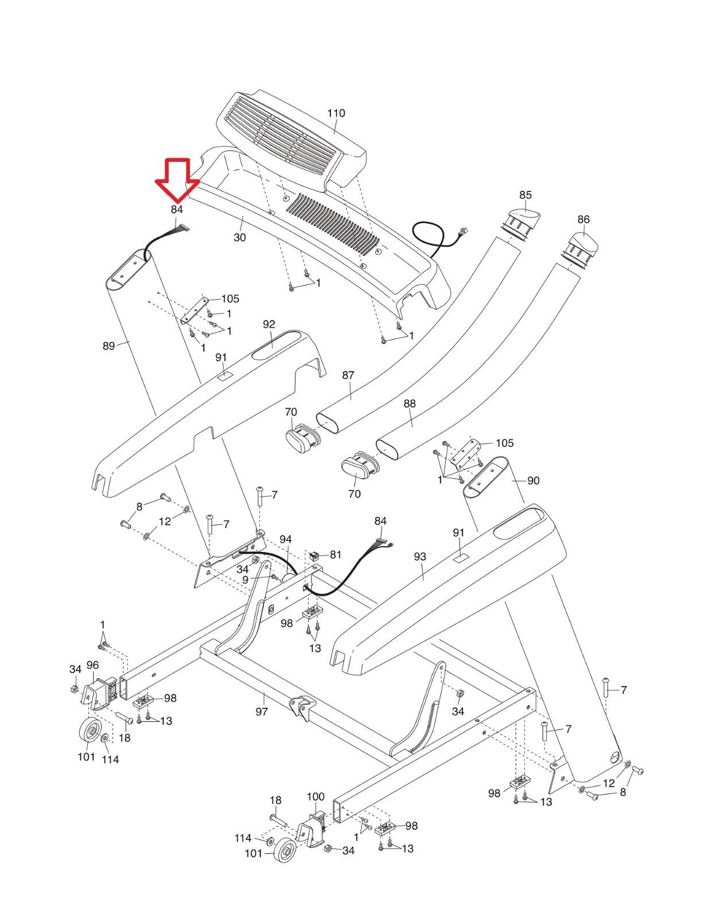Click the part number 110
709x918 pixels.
pos(336,113)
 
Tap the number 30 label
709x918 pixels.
pos(239,238)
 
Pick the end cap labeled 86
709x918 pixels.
pos(579,249)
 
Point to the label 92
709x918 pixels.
pos(269,324)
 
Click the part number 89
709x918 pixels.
pos(108,345)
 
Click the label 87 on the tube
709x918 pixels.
pos(348,375)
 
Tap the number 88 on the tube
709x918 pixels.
pos(410,403)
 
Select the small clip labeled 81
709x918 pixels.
pos(314,555)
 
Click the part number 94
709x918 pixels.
pos(286,539)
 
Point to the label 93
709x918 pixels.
pos(420,557)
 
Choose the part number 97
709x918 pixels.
pos(262,712)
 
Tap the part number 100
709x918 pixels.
pos(315,796)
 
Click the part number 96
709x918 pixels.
pos(92,665)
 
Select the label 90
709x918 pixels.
pos(533,480)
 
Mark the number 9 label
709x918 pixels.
pos(246,581)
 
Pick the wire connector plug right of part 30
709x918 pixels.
pos(463,231)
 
